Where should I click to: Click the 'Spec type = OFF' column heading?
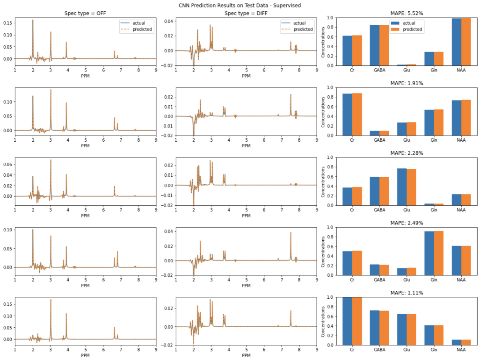(x=85, y=14)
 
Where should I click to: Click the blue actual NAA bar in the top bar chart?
(x=456, y=42)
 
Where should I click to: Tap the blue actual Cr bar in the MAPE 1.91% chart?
(x=347, y=115)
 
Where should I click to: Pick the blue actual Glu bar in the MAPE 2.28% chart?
(x=402, y=187)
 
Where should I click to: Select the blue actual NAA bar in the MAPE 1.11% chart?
(x=456, y=342)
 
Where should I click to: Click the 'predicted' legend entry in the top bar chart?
(x=412, y=29)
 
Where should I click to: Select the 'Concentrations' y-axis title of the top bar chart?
(x=323, y=42)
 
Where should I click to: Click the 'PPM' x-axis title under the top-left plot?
(x=85, y=76)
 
